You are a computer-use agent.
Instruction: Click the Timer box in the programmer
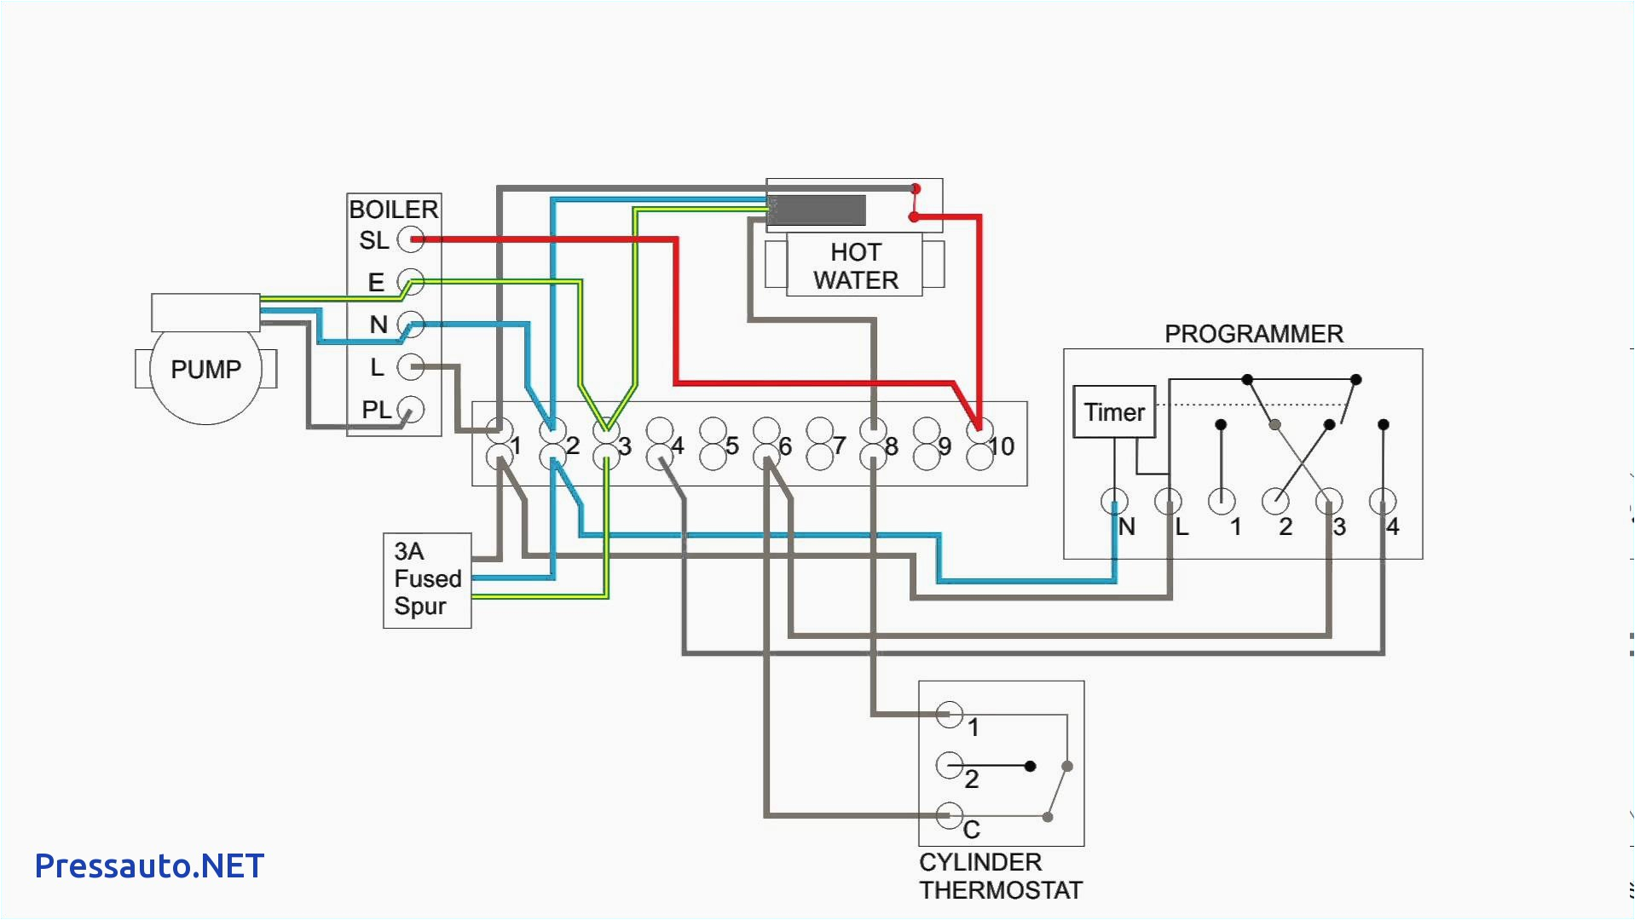pyautogui.click(x=1113, y=412)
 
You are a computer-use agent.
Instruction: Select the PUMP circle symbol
pyautogui.click(x=205, y=370)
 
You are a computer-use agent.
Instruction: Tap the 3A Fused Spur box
pyautogui.click(x=427, y=580)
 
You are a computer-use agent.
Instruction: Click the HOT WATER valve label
pyautogui.click(x=854, y=266)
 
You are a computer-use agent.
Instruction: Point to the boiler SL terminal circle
pyautogui.click(x=411, y=239)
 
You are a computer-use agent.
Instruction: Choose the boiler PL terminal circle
pyautogui.click(x=411, y=410)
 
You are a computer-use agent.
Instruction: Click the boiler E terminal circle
pyautogui.click(x=411, y=282)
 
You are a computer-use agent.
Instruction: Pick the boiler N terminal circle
pyautogui.click(x=411, y=325)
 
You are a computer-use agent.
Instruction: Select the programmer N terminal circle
pyautogui.click(x=1114, y=502)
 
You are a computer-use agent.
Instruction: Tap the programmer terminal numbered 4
pyautogui.click(x=1382, y=502)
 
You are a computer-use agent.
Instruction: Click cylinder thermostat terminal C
pyautogui.click(x=949, y=815)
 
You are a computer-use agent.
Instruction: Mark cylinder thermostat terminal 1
pyautogui.click(x=949, y=714)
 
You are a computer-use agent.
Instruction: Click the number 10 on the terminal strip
pyautogui.click(x=1002, y=446)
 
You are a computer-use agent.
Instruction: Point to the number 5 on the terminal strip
pyautogui.click(x=732, y=446)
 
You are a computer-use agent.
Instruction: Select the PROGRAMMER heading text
pyautogui.click(x=1253, y=334)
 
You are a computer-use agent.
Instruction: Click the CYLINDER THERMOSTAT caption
pyautogui.click(x=1000, y=877)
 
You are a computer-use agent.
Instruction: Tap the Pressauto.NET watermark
pyautogui.click(x=149, y=866)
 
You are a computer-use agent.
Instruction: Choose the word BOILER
pyautogui.click(x=393, y=210)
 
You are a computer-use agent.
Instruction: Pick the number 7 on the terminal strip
pyautogui.click(x=840, y=446)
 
